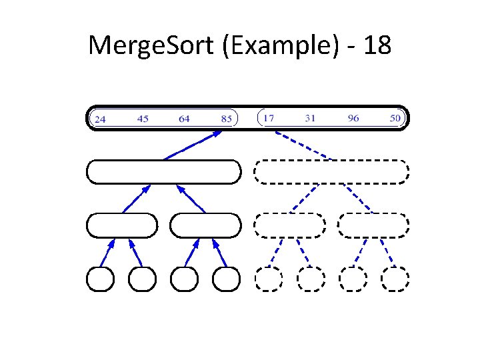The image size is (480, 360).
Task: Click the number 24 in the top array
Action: [100, 119]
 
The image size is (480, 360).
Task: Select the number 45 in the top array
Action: [143, 119]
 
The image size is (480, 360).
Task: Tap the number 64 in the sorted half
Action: [185, 119]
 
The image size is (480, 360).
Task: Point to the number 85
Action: [227, 119]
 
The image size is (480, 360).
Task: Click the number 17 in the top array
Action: [268, 119]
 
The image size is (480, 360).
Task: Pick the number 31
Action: [310, 119]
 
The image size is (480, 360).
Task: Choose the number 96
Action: [353, 119]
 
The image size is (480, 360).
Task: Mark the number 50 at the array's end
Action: [395, 119]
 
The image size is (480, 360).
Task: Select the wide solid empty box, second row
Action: [163, 172]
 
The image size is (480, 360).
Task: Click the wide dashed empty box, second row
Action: [331, 172]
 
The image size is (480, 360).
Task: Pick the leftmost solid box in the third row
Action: [122, 225]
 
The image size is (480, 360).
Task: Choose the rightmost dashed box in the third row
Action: [373, 225]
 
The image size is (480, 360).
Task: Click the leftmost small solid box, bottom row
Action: [101, 279]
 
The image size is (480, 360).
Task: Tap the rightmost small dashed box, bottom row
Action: [395, 279]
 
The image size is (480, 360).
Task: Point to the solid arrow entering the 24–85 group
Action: [193, 145]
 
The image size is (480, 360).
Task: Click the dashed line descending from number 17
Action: [303, 145]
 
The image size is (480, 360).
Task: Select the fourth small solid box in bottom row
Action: [226, 279]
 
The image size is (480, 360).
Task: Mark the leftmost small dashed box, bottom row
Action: [269, 279]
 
